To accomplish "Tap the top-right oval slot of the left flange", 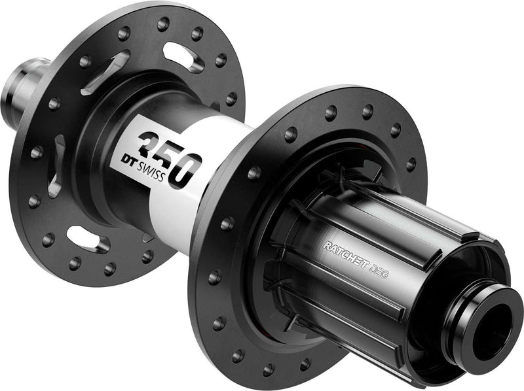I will (x=183, y=58).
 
